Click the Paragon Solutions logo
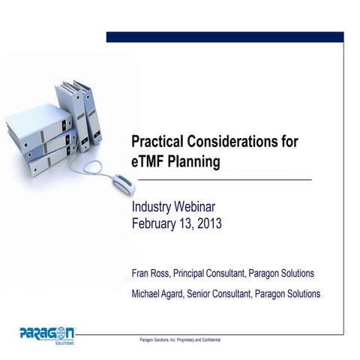pyautogui.click(x=46, y=333)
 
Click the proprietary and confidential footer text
pyautogui.click(x=180, y=340)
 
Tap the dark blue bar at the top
pyautogui.click(x=224, y=36)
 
